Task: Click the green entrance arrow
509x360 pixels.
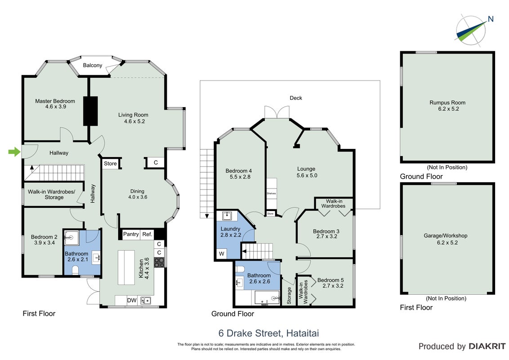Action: point(14,151)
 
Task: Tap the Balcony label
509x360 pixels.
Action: point(93,65)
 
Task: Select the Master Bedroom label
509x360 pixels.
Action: point(55,101)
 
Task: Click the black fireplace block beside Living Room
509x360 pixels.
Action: point(90,111)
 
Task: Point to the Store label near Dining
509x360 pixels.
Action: point(110,163)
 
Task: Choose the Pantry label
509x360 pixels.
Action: point(131,234)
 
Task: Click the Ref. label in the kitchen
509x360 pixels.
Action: point(147,234)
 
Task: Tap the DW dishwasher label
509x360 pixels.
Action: point(132,300)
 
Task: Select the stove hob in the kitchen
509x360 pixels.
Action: point(159,262)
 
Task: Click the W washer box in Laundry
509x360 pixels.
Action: point(222,254)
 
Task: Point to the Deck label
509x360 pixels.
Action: point(296,98)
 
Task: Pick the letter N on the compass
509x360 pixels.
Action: point(491,19)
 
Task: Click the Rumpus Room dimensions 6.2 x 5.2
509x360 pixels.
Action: point(448,109)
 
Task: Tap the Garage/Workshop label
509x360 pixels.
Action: point(445,235)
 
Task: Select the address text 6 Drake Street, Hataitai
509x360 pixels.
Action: point(268,333)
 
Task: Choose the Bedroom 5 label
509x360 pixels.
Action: point(330,280)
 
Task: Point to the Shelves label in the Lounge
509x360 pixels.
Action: point(272,193)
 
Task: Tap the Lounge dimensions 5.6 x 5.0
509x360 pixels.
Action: point(307,175)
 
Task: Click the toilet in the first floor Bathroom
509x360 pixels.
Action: point(75,270)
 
